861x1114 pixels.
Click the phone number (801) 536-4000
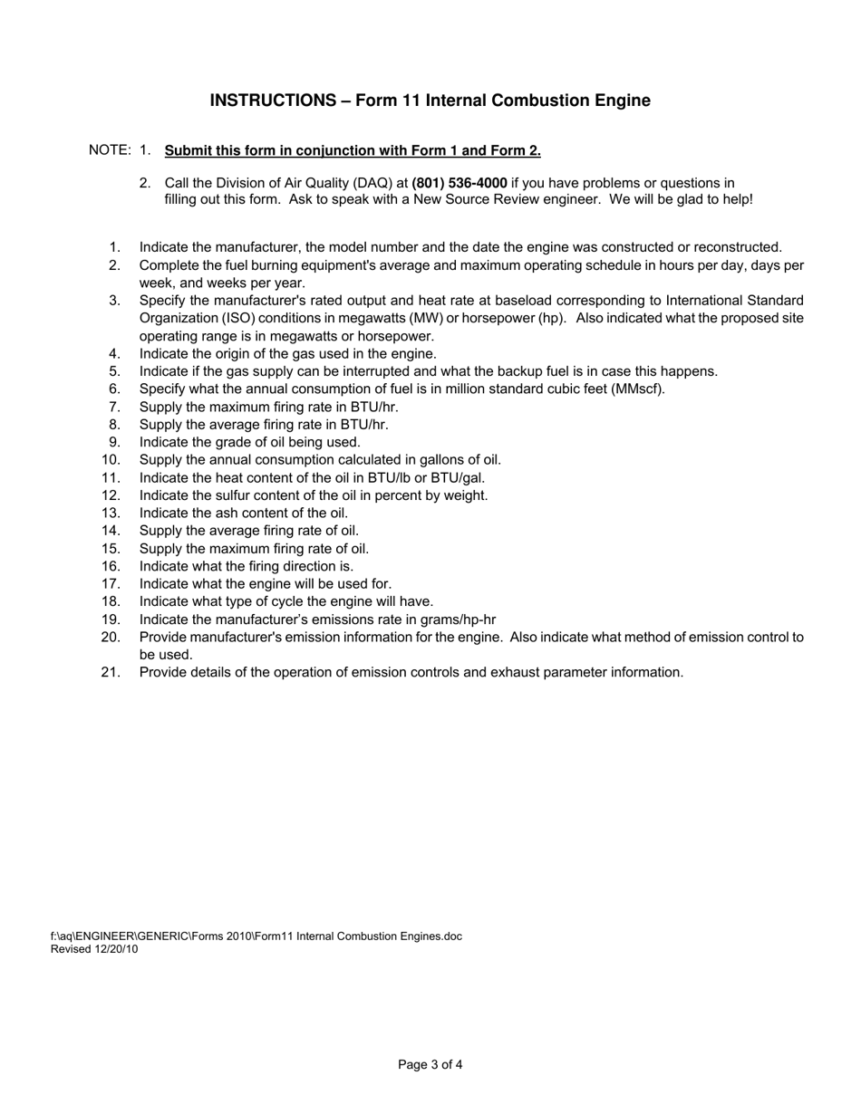460,183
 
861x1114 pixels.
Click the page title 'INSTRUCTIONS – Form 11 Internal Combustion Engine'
430,101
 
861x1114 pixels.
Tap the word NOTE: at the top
110,150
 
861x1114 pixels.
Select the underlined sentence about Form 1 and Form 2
353,150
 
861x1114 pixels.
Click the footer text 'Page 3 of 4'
430,1065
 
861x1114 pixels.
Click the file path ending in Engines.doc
256,936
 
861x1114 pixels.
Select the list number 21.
111,672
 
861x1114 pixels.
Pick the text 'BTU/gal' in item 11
460,477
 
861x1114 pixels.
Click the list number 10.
111,460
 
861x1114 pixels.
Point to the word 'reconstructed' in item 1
738,247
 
